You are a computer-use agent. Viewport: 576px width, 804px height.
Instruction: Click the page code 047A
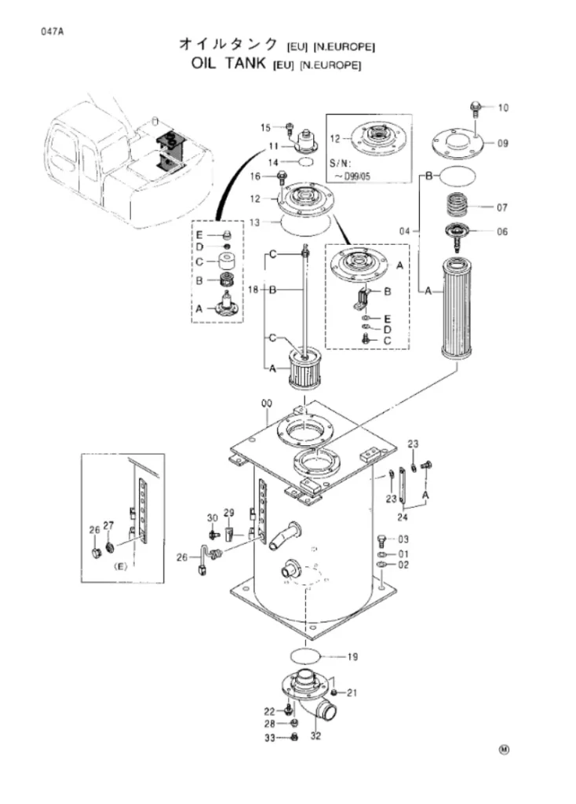click(53, 31)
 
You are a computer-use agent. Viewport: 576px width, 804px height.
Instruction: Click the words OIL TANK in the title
click(228, 64)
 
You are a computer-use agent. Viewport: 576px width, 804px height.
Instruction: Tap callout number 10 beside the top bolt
click(503, 108)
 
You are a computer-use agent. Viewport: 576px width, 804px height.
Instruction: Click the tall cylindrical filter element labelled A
click(457, 308)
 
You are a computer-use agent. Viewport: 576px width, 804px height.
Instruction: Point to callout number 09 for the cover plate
click(503, 143)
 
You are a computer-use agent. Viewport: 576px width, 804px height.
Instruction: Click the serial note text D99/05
click(357, 177)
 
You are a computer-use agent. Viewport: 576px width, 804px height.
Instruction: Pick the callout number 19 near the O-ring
click(352, 656)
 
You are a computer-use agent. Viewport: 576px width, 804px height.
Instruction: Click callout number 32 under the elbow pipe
click(315, 736)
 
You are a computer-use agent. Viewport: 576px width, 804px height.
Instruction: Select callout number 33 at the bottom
click(270, 738)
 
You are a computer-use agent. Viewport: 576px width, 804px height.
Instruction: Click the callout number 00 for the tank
click(267, 404)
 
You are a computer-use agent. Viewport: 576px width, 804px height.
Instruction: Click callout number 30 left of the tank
click(212, 518)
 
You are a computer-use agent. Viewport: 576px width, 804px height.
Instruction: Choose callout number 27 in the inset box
click(108, 525)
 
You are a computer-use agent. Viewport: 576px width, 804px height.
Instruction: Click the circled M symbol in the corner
click(505, 750)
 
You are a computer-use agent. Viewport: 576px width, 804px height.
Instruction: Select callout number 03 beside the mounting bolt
click(404, 539)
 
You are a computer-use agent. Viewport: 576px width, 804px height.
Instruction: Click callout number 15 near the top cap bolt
click(265, 128)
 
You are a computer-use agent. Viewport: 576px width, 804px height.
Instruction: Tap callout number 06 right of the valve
click(502, 232)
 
